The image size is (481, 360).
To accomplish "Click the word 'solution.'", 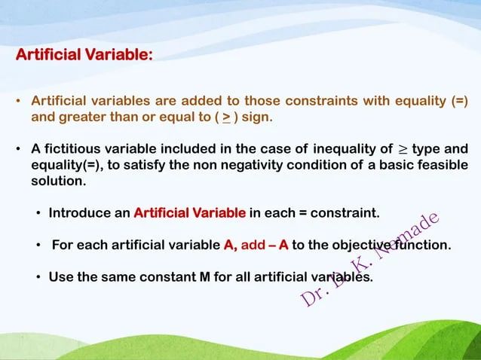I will pyautogui.click(x=58, y=182).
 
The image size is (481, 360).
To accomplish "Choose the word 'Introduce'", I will pyautogui.click(x=79, y=213).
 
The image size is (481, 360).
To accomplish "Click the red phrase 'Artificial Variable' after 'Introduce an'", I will pyautogui.click(x=189, y=213).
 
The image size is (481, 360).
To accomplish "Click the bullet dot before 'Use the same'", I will pyautogui.click(x=38, y=276).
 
